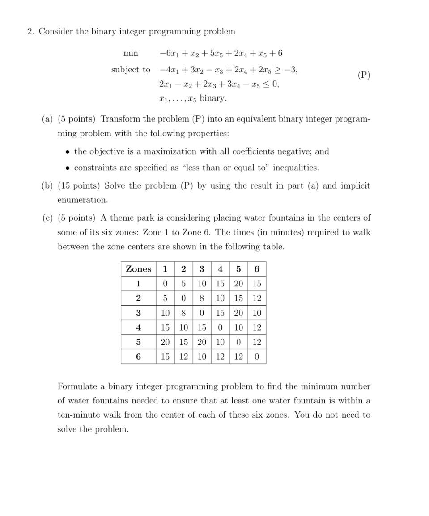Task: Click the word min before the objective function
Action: (131, 53)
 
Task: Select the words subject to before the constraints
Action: (131, 70)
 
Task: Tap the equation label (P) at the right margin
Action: (364, 75)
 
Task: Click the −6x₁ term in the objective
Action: (169, 53)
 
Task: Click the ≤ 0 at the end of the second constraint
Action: (271, 84)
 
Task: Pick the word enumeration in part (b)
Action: (83, 200)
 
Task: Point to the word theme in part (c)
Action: (122, 218)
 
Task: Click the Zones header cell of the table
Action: (139, 269)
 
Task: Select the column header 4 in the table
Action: (220, 269)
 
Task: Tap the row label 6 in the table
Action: (139, 357)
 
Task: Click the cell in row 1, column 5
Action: (238, 284)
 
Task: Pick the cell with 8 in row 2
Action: (202, 298)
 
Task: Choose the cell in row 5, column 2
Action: (183, 342)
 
